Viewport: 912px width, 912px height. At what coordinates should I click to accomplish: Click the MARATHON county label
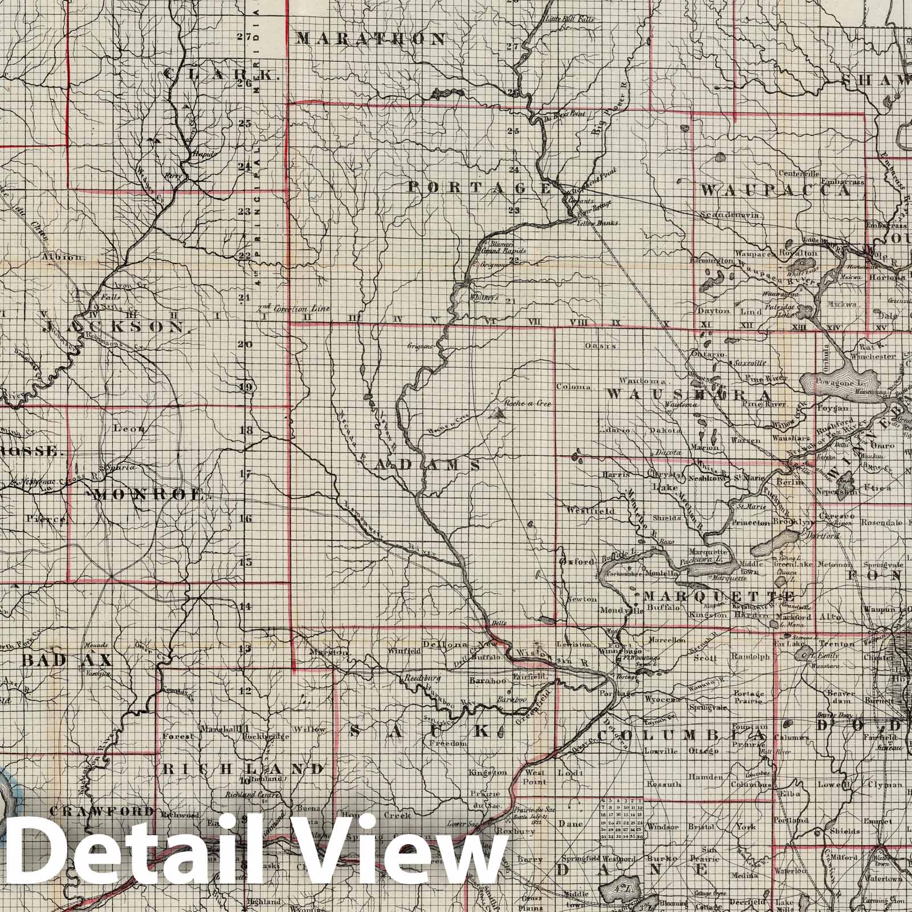[370, 39]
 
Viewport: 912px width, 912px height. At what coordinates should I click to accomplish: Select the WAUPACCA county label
[776, 191]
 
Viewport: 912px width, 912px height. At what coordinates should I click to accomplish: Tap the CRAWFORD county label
[104, 811]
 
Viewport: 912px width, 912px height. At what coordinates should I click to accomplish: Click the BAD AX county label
[68, 660]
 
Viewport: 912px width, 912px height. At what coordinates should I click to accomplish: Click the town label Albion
[63, 256]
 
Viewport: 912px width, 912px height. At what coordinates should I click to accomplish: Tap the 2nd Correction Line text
[294, 309]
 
